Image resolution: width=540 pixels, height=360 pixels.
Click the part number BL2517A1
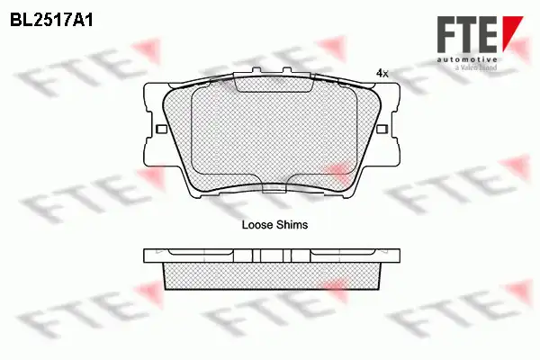(x=51, y=21)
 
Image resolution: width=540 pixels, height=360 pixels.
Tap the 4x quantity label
(x=382, y=73)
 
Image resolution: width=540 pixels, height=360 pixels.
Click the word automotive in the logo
(x=467, y=59)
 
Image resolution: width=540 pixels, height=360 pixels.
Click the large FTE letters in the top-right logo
(x=467, y=34)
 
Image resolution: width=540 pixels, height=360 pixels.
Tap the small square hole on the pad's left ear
(x=161, y=130)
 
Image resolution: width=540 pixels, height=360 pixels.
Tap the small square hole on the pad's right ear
(x=382, y=130)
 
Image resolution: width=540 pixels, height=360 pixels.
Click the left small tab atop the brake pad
(x=256, y=70)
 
